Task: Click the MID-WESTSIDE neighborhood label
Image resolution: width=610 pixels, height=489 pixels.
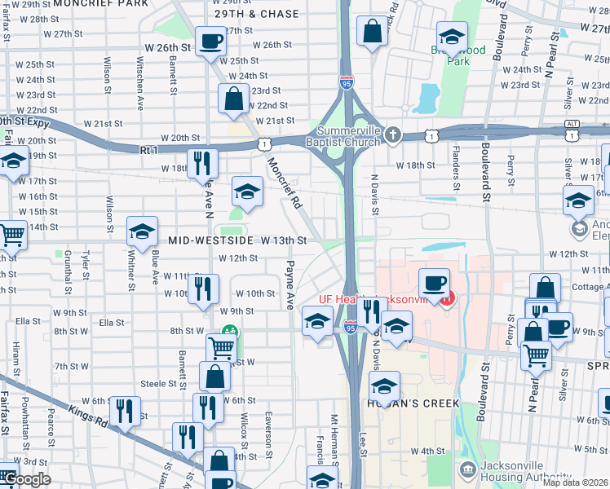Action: pyautogui.click(x=208, y=240)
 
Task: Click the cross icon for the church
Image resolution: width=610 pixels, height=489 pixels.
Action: pyautogui.click(x=392, y=134)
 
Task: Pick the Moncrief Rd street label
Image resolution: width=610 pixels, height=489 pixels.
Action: pyautogui.click(x=284, y=184)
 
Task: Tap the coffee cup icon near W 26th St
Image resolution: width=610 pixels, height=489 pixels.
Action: pyautogui.click(x=210, y=41)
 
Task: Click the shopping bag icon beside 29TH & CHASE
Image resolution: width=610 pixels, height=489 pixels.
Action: pyautogui.click(x=372, y=33)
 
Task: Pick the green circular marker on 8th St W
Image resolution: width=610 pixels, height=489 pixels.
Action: pyautogui.click(x=229, y=333)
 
